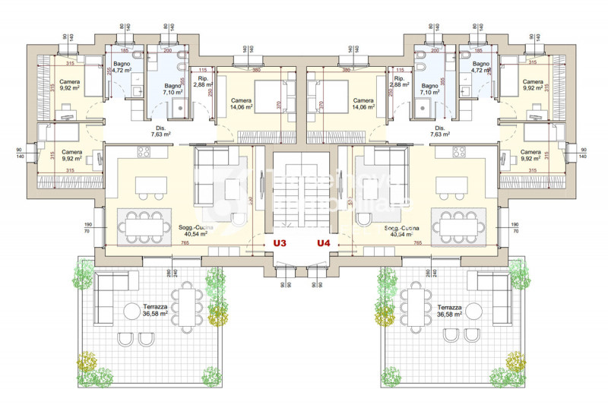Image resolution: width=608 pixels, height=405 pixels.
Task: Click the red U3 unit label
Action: pos(280,244)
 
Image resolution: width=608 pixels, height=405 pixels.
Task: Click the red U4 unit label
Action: pos(325,244)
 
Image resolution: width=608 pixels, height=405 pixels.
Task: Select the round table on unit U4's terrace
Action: pos(475,309)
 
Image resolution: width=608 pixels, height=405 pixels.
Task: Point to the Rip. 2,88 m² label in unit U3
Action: pos(202,84)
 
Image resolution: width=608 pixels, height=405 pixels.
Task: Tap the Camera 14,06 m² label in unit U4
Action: pos(364,104)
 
